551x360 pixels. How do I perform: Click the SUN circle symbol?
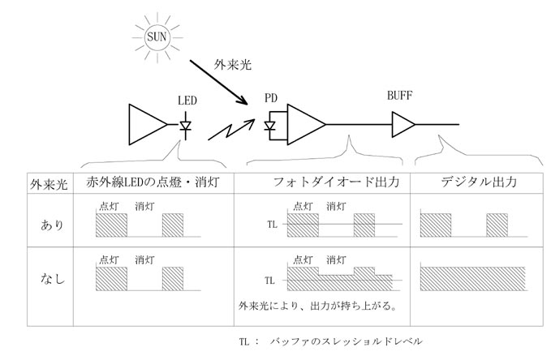(157, 36)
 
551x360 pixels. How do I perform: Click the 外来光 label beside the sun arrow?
(233, 64)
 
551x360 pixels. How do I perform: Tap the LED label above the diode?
(187, 101)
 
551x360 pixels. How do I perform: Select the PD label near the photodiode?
(271, 98)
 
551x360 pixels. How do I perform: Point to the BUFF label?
(399, 96)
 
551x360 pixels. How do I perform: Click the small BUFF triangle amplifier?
(403, 124)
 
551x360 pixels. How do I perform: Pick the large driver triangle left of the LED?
(148, 124)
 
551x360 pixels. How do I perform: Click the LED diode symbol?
(185, 126)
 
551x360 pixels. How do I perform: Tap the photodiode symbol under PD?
(270, 126)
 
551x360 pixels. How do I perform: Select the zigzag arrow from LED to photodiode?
(231, 130)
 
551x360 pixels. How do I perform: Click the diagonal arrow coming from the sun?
(219, 82)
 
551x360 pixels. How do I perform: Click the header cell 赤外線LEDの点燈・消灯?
(153, 182)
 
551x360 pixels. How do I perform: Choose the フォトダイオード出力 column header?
(336, 182)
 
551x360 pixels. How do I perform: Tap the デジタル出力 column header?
(479, 182)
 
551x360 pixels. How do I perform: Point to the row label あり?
(52, 225)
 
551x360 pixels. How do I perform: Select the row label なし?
(53, 279)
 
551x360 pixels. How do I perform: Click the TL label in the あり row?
(272, 225)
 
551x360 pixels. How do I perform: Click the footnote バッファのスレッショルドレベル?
(347, 341)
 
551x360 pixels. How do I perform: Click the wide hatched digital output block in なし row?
(472, 279)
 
